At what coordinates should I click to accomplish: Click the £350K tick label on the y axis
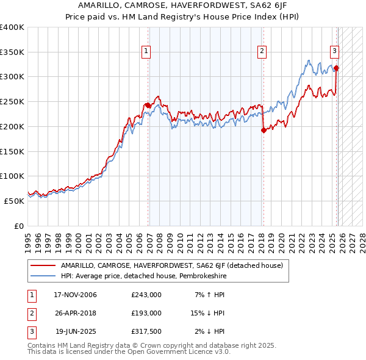click(x=12, y=52)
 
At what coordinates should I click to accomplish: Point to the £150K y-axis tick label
click(x=12, y=151)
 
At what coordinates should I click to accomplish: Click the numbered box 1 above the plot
click(x=147, y=52)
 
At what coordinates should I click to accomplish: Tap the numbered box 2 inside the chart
click(x=262, y=52)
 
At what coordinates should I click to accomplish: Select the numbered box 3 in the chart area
click(x=335, y=52)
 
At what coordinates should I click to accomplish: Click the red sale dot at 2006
click(x=148, y=106)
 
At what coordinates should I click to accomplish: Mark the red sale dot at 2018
click(x=264, y=130)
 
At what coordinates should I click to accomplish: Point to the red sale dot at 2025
click(x=336, y=68)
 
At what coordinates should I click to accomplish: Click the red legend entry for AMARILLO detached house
click(x=171, y=265)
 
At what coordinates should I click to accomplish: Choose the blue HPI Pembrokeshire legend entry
click(x=153, y=276)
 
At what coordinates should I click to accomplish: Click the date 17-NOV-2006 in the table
click(x=76, y=295)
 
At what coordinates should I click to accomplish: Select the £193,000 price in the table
click(x=146, y=313)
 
